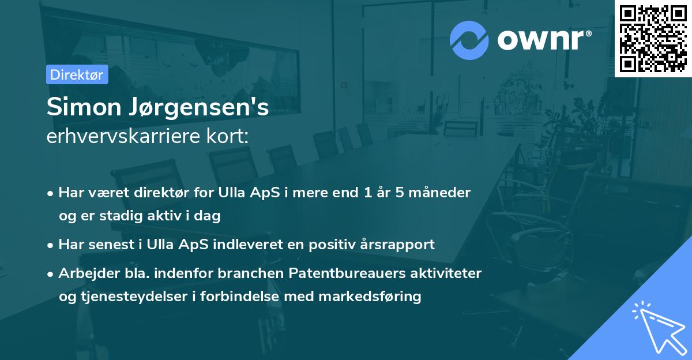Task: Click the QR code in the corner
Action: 653,39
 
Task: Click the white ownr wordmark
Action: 544,40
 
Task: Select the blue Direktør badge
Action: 77,74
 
